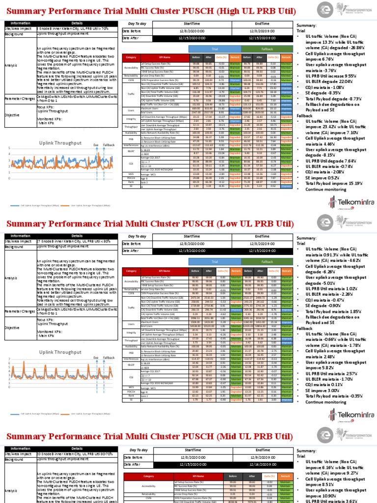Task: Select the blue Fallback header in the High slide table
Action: click(x=253, y=50)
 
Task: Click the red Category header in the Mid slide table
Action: click(x=148, y=476)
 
